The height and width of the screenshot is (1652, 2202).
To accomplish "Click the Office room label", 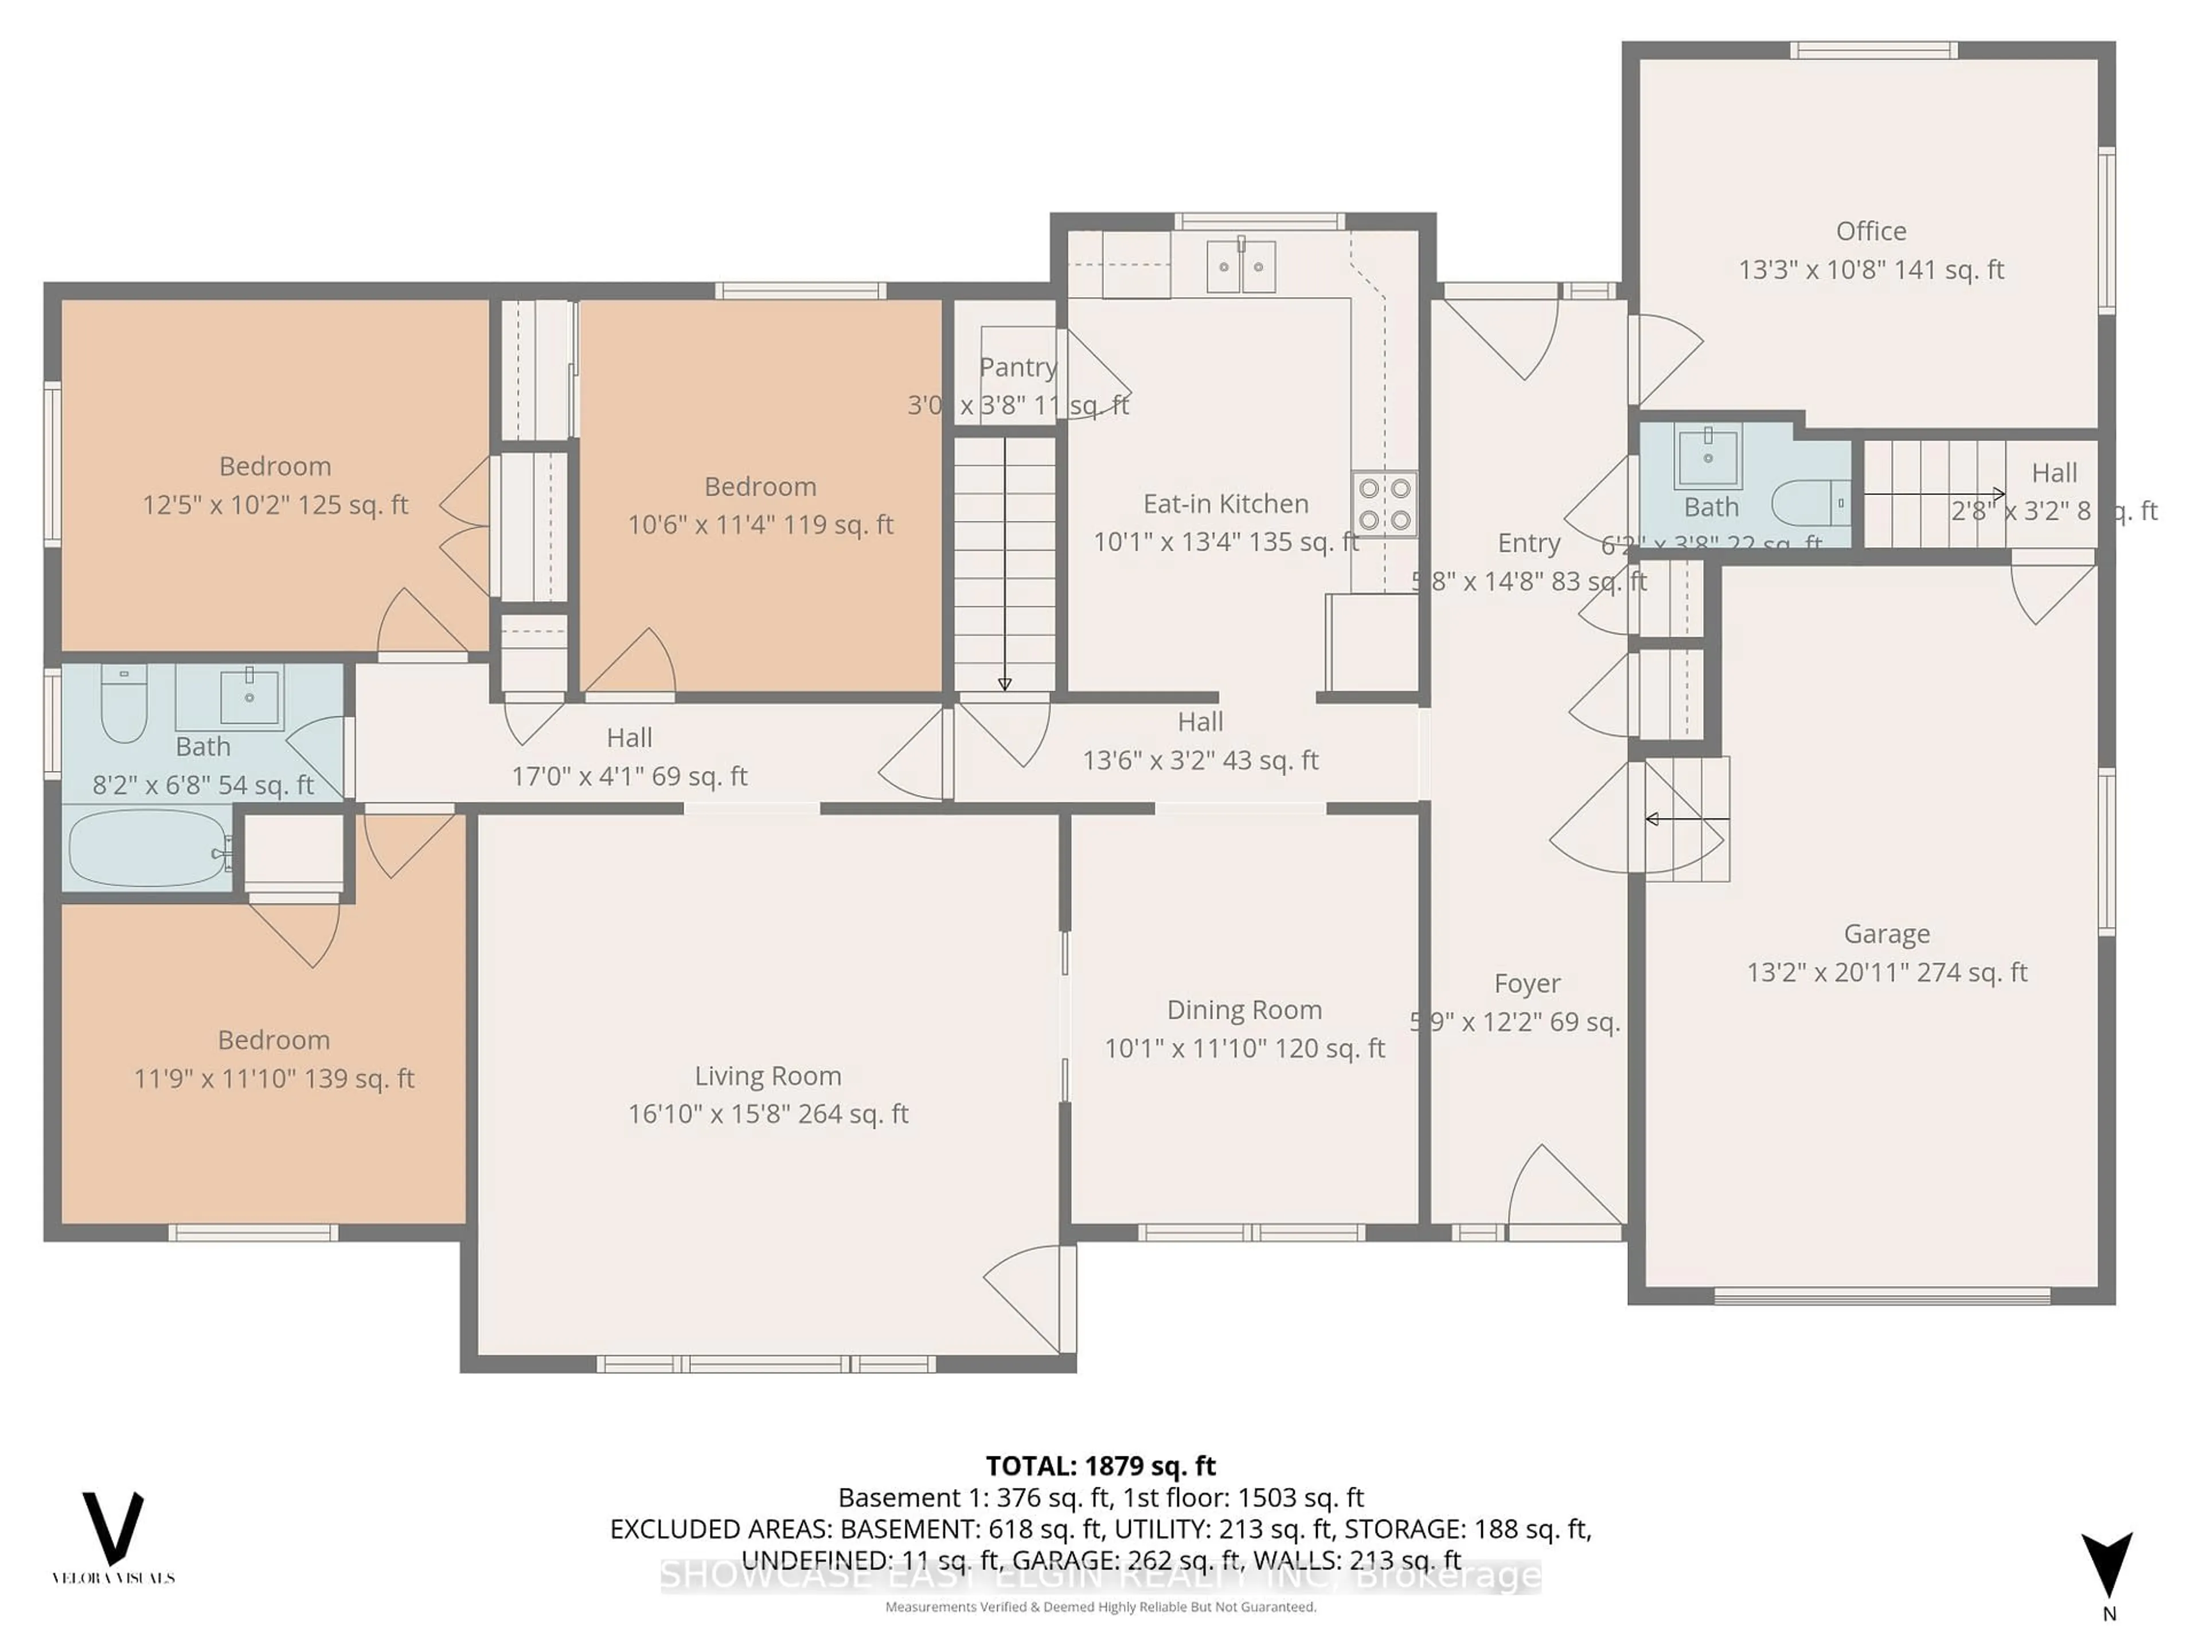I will (x=1871, y=231).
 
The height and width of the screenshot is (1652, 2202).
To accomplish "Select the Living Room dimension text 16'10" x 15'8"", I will (x=767, y=1115).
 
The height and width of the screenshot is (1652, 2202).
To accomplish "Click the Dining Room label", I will (x=1244, y=1010).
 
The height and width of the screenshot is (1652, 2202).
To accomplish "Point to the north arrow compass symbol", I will (x=2107, y=1567).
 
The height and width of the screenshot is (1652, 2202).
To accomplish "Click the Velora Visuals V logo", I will (x=112, y=1529).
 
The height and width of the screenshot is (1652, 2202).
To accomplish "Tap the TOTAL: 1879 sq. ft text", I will (x=1100, y=1466).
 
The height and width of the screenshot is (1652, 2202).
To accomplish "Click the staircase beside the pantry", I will (x=1005, y=563).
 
